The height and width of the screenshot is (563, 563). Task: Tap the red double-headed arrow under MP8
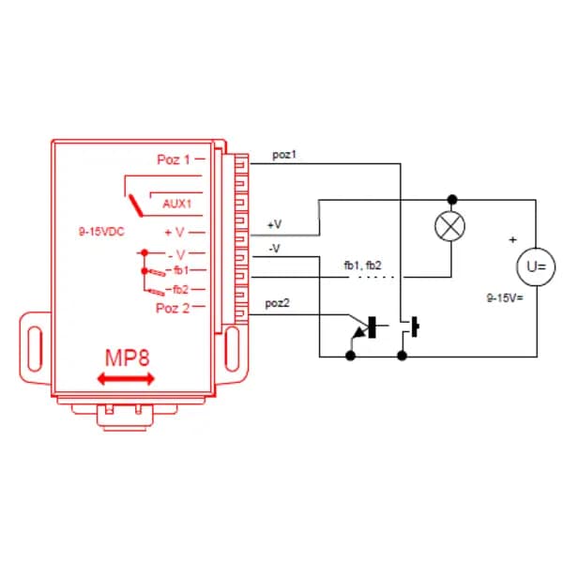tap(127, 377)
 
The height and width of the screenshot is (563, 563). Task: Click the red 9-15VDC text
tap(101, 230)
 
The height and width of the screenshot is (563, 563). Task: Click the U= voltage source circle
tap(536, 266)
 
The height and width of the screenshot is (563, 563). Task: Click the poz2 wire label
tap(278, 303)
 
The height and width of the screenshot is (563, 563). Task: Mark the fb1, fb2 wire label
tap(362, 266)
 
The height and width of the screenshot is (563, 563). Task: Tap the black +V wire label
tap(274, 225)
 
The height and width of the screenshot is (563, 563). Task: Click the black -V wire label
tap(274, 248)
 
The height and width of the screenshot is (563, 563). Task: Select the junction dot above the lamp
tap(451, 199)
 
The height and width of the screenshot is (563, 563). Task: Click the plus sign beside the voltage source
tap(512, 239)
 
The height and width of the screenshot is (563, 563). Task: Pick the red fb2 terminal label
tap(179, 289)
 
